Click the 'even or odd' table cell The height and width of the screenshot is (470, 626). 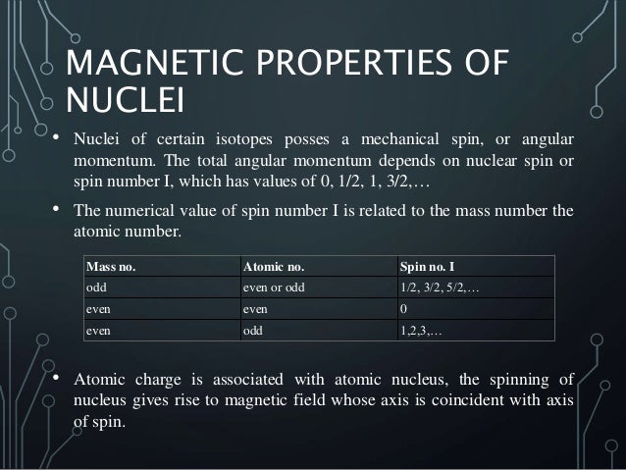pyautogui.click(x=274, y=287)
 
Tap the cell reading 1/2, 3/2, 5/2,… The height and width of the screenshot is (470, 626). pyautogui.click(x=439, y=287)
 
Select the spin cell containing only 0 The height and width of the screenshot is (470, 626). pyautogui.click(x=403, y=309)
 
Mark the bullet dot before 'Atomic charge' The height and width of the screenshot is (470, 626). pyautogui.click(x=55, y=379)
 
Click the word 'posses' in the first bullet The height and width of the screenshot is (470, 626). pyautogui.click(x=330, y=136)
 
